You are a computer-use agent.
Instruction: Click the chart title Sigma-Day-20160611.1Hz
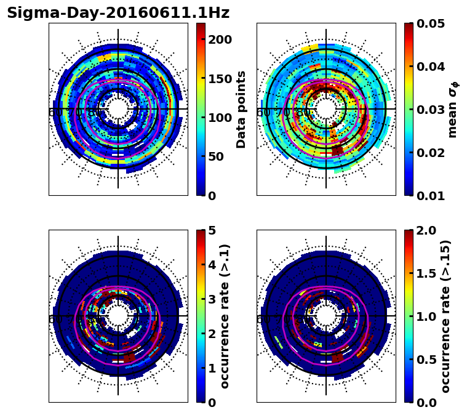118,13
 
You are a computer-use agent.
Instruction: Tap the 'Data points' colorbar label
241,109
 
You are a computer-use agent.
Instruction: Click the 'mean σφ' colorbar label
453,109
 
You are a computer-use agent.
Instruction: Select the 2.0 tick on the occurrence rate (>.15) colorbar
423,230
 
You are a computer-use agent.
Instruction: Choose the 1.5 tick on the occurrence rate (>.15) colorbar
423,273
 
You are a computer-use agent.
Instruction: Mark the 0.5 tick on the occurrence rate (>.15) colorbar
423,360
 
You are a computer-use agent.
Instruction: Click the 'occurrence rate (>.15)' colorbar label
445,316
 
